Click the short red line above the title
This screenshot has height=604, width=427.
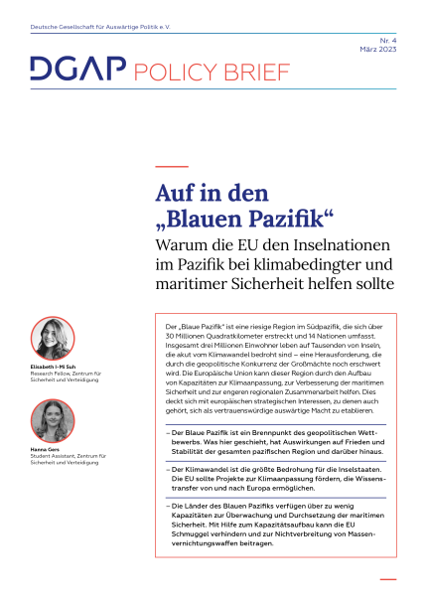tap(173, 166)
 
